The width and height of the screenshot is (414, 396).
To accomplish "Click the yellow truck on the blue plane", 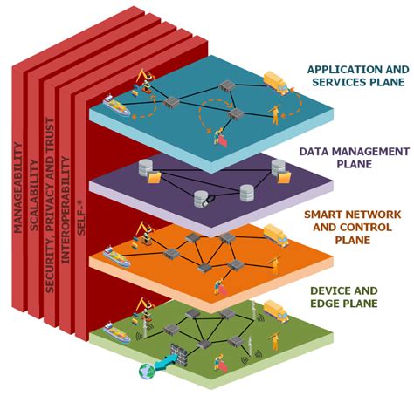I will (x=273, y=84).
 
